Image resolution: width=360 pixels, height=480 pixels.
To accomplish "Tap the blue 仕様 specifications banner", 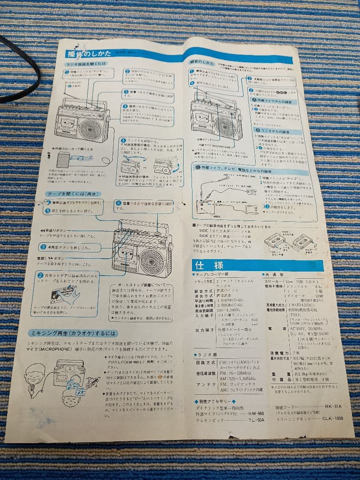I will tap(209, 265).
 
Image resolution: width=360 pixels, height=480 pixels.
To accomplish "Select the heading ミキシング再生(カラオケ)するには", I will tap(73, 333).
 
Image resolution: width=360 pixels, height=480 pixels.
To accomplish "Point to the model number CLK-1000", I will tap(332, 418).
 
